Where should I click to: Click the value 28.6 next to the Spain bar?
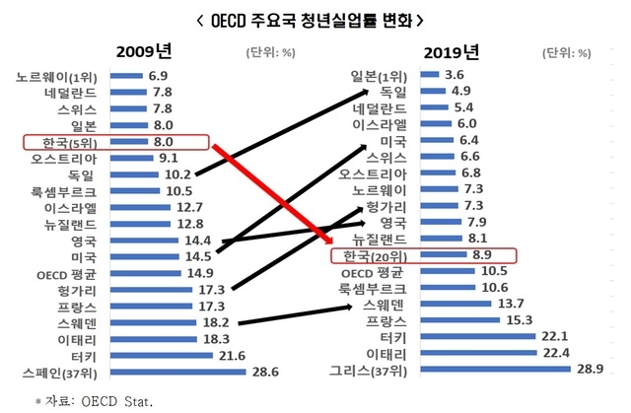pos(262,374)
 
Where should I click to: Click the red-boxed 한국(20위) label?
pos(377,254)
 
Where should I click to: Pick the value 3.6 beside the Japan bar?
pos(455,75)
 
